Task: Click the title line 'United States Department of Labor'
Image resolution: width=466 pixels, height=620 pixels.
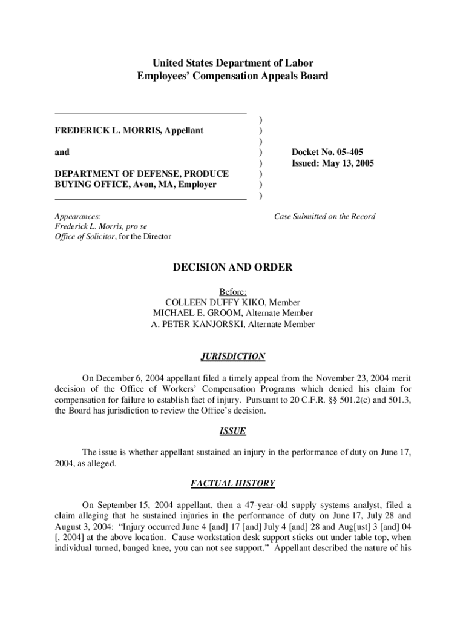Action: coord(232,63)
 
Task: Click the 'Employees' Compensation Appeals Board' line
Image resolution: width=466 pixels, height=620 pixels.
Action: coord(232,76)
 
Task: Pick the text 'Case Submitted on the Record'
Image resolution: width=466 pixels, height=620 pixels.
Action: coord(324,216)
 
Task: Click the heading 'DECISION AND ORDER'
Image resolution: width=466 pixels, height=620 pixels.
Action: coord(232,267)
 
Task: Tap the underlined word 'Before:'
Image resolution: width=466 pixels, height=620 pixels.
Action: coord(232,292)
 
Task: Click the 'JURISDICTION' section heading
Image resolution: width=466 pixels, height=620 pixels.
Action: coord(232,357)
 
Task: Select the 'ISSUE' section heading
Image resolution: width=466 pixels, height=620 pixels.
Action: coord(232,432)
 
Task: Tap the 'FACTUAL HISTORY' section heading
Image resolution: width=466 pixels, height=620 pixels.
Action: coord(232,483)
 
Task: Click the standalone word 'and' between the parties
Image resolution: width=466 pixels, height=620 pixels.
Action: coord(62,152)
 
